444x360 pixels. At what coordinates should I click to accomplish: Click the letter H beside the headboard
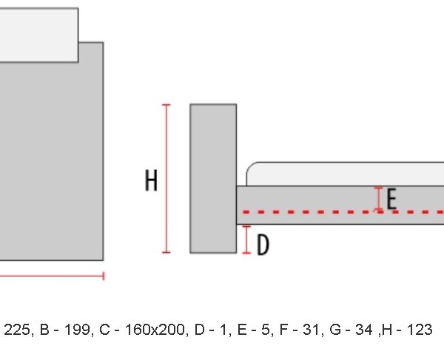pyautogui.click(x=151, y=180)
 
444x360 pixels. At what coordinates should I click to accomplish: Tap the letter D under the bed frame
pyautogui.click(x=263, y=245)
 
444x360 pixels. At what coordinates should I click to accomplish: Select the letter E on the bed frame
pyautogui.click(x=391, y=200)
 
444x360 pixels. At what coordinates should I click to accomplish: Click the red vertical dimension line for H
pyautogui.click(x=166, y=178)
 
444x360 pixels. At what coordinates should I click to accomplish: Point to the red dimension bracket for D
pyautogui.click(x=246, y=240)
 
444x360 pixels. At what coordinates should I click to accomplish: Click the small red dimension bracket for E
pyautogui.click(x=379, y=199)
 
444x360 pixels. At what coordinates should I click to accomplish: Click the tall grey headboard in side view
pyautogui.click(x=213, y=178)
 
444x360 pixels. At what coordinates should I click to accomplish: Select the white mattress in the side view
pyautogui.click(x=345, y=174)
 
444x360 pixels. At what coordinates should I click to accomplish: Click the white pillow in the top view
pyautogui.click(x=38, y=35)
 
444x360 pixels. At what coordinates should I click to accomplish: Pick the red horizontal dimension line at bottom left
pyautogui.click(x=52, y=276)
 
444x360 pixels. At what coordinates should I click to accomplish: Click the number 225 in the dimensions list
pyautogui.click(x=17, y=330)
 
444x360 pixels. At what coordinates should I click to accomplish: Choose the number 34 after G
pyautogui.click(x=363, y=330)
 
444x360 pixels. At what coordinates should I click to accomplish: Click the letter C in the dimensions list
pyautogui.click(x=104, y=330)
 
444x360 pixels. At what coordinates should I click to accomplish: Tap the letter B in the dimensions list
pyautogui.click(x=44, y=330)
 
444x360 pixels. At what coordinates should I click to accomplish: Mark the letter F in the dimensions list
pyautogui.click(x=283, y=330)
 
